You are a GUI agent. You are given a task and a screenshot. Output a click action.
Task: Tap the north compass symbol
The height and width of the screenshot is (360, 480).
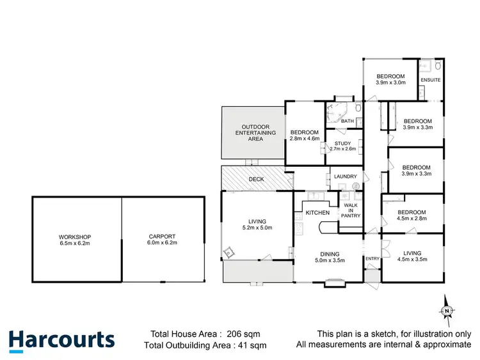447,311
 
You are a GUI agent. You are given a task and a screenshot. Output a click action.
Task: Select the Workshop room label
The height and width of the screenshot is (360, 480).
76,239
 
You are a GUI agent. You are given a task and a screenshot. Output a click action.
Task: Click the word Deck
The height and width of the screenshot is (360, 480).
256,180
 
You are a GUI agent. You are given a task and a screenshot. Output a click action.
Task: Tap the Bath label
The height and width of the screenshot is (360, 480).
348,121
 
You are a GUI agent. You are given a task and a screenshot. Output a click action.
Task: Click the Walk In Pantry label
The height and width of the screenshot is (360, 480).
351,210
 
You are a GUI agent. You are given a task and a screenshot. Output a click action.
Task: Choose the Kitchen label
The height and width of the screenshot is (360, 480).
317,212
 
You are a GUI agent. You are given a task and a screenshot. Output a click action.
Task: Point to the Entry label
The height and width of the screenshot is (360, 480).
372,258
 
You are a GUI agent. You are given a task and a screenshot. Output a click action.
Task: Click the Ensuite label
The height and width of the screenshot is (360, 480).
430,80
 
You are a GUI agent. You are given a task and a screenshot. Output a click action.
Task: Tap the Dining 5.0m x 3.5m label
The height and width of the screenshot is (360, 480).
330,257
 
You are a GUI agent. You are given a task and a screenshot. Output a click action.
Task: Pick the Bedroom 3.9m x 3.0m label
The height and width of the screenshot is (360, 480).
390,79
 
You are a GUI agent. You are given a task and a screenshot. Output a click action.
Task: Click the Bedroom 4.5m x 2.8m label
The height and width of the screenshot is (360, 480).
412,215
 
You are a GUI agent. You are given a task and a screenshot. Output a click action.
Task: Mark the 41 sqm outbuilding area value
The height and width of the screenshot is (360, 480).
253,345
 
